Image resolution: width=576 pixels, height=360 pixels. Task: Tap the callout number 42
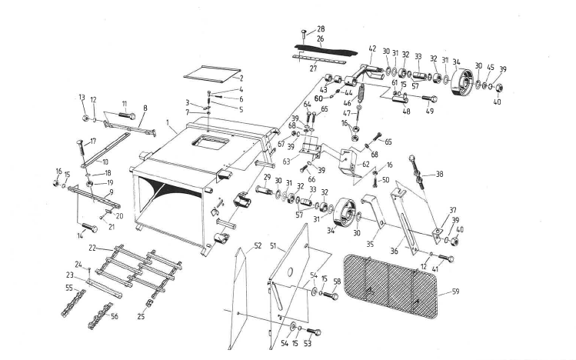(371, 49)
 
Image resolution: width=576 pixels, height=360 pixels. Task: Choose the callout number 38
(440, 175)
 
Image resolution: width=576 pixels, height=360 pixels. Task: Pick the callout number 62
(365, 164)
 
